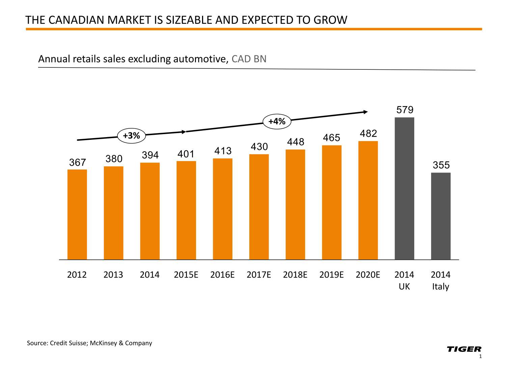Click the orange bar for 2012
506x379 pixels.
(x=77, y=214)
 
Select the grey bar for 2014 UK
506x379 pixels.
(x=404, y=188)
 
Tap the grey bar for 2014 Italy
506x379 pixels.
(x=441, y=216)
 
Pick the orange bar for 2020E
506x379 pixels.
(x=368, y=200)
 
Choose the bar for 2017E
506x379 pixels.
(x=259, y=207)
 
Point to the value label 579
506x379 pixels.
(x=405, y=110)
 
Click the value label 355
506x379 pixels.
(x=441, y=165)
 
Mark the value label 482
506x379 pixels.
(x=368, y=134)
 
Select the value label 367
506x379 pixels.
(x=78, y=163)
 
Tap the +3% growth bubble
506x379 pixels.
(x=131, y=136)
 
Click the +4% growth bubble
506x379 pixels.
(x=277, y=121)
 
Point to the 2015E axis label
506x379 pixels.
(x=186, y=275)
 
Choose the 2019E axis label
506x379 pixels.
(x=332, y=275)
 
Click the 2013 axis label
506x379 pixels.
(x=113, y=275)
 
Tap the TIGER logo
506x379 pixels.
(x=464, y=349)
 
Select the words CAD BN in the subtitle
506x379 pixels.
(x=249, y=59)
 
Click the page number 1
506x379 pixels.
(x=480, y=357)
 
